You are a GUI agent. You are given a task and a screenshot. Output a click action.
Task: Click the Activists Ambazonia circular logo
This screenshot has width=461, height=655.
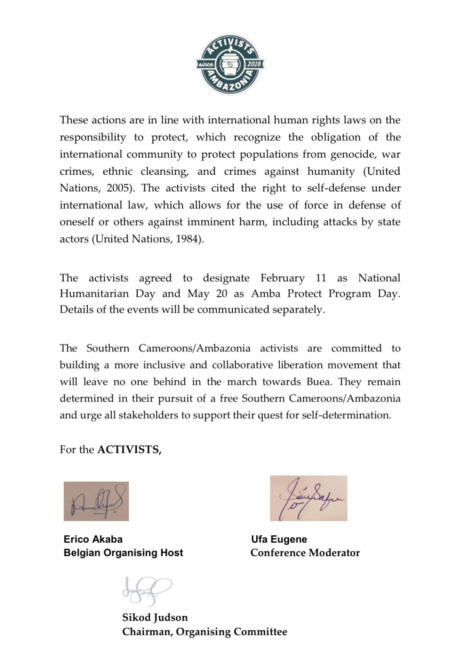[230, 64]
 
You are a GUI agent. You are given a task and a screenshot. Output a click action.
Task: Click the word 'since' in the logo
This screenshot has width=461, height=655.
[205, 65]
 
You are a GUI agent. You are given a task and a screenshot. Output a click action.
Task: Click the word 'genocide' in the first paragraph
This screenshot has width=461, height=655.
[353, 154]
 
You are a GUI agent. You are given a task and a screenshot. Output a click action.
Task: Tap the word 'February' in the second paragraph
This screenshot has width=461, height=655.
[282, 278]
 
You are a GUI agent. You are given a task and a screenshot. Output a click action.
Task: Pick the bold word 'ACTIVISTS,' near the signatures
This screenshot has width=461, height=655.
[129, 449]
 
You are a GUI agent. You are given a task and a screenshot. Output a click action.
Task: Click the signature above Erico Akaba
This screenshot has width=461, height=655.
[96, 501]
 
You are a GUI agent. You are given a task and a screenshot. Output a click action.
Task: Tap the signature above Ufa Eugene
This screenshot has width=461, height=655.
[308, 498]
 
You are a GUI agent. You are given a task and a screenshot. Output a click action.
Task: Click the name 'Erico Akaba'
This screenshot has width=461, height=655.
[93, 539]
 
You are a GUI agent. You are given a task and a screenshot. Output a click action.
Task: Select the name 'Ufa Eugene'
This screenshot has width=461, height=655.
[279, 539]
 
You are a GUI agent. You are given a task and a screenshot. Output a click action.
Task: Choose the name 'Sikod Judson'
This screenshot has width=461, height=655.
[155, 618]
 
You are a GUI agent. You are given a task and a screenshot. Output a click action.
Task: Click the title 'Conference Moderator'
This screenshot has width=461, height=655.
[305, 553]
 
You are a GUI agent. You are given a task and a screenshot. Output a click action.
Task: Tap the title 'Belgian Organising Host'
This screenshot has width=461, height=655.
[123, 553]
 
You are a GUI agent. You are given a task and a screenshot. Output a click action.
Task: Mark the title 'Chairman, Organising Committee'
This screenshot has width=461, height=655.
[205, 632]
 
